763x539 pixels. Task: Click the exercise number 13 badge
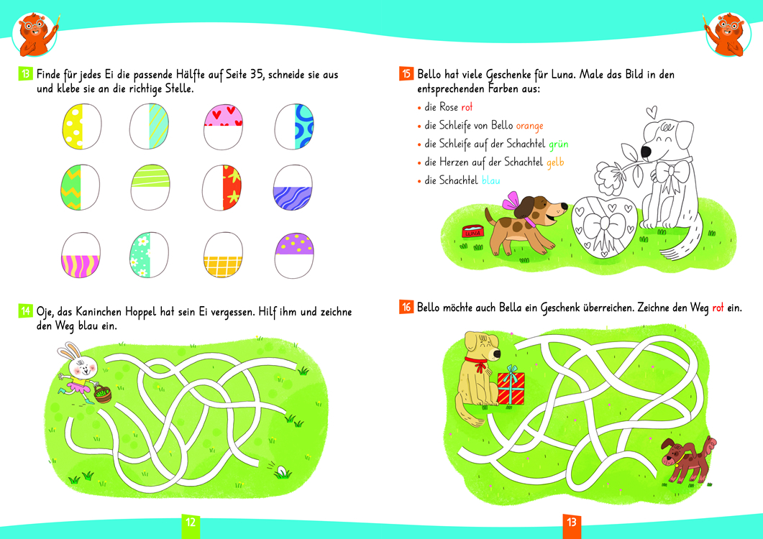(25, 74)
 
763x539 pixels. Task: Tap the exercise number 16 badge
(406, 307)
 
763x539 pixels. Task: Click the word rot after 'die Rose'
(467, 107)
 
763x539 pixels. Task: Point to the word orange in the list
(529, 126)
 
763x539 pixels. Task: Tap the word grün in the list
(559, 144)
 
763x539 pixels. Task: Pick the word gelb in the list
(555, 162)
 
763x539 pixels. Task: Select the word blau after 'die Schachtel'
(491, 180)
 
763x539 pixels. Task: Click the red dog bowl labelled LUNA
(473, 231)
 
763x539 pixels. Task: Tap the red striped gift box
(511, 387)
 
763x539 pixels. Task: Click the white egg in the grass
(281, 471)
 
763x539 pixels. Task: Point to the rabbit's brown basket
(103, 394)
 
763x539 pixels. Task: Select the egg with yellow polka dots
(73, 126)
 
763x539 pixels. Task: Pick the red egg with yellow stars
(232, 188)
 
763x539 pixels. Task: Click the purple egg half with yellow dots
(294, 244)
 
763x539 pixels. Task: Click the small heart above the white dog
(652, 112)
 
